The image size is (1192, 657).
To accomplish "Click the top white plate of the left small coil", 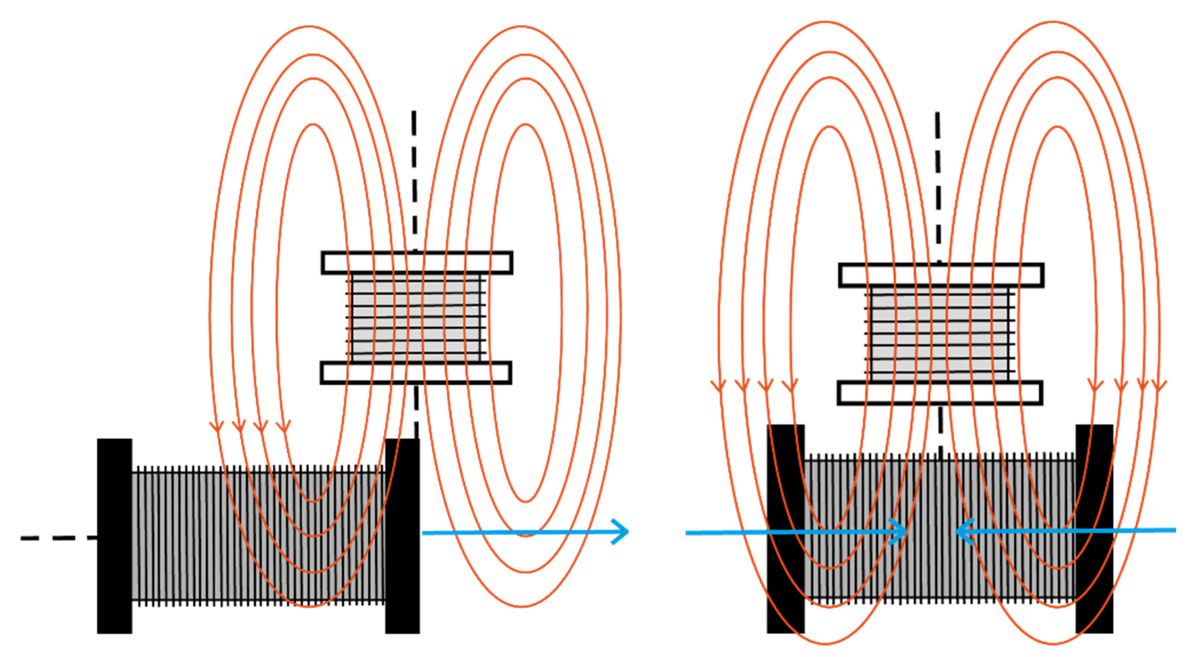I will (x=417, y=263).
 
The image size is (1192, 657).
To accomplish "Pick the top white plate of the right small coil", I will (x=941, y=275).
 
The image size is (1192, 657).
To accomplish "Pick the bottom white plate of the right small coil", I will (x=940, y=393).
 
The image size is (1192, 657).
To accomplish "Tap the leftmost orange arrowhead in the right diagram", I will (x=718, y=385).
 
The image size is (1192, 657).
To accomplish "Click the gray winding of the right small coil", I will (x=939, y=333).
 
